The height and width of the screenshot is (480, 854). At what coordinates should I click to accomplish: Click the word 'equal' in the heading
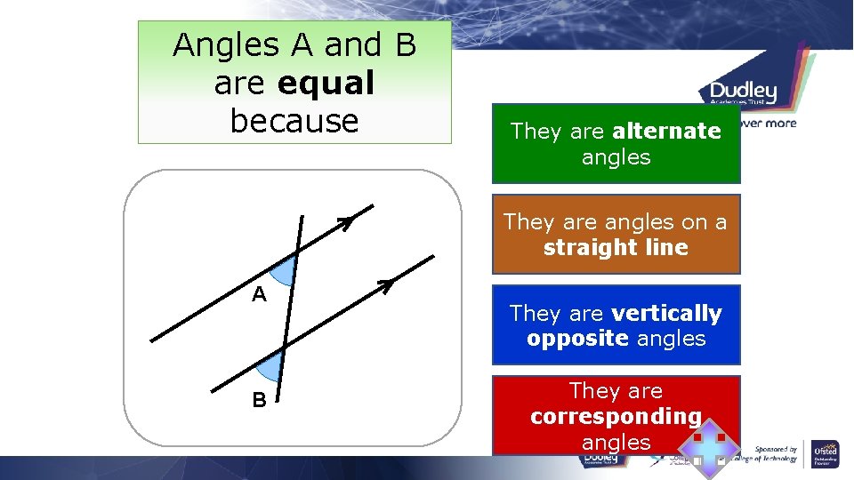[326, 83]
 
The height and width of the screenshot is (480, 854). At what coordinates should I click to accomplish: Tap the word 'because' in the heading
[294, 120]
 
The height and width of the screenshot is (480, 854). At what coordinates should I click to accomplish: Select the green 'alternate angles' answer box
[616, 144]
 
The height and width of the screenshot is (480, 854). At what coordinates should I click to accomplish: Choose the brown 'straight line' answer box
[616, 234]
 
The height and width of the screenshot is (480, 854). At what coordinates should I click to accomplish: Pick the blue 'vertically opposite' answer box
[616, 325]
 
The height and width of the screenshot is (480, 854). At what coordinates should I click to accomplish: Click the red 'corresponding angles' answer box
[616, 415]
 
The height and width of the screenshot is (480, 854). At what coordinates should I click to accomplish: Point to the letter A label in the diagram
[259, 294]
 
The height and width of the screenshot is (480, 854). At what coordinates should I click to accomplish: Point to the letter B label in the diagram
[259, 400]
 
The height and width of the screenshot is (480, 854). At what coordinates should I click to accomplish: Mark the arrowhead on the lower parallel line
[385, 285]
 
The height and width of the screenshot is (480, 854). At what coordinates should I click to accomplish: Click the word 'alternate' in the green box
[666, 132]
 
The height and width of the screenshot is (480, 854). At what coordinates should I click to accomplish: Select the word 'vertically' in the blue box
[666, 313]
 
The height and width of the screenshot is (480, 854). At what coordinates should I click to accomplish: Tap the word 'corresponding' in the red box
[616, 416]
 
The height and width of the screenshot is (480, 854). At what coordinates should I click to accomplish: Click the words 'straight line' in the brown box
[616, 247]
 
